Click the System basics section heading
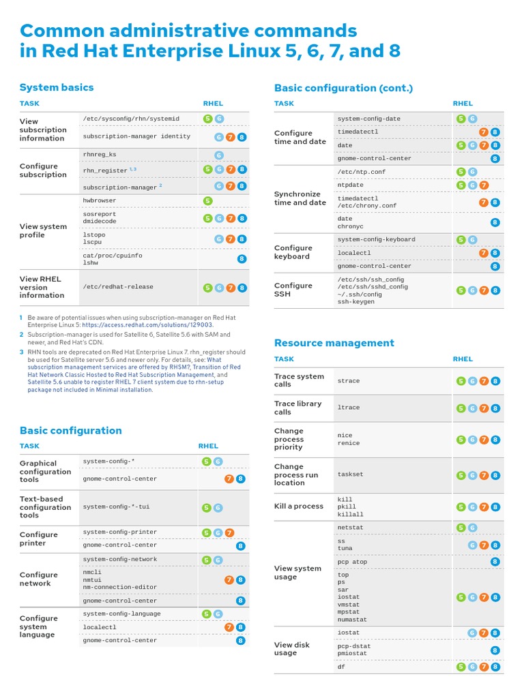pos(57,87)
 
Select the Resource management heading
pos(334,343)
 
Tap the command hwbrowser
pos(100,200)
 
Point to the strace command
pos(349,381)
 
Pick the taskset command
pos(350,474)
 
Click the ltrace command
pos(349,408)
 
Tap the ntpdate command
pos(351,185)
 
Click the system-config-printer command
pos(120,532)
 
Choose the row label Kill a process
pos(298,506)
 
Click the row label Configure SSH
pos(293,290)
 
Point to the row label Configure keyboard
pos(293,252)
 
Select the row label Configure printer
pos(39,538)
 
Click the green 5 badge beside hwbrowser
pos(207,200)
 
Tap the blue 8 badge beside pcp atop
pos(495,562)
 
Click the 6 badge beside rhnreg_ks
pos(219,155)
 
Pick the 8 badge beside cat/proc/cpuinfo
pos(242,259)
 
